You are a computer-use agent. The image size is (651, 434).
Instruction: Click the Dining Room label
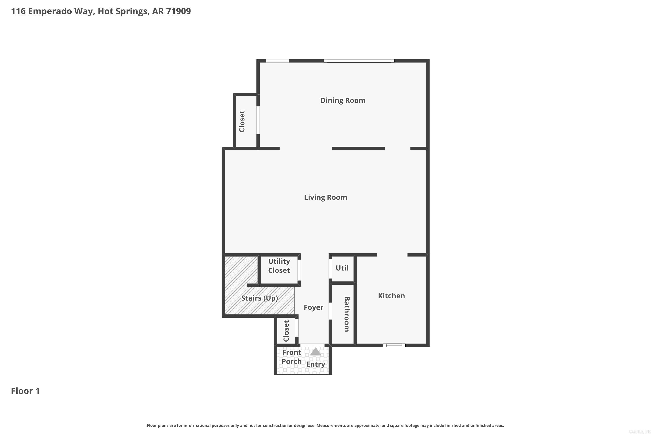(x=343, y=100)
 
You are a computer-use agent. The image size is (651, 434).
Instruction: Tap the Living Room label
(x=325, y=197)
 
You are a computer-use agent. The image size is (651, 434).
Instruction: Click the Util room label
(x=342, y=268)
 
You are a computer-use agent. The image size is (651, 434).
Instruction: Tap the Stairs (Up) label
(x=259, y=298)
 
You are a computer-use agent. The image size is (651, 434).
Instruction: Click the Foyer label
(x=313, y=307)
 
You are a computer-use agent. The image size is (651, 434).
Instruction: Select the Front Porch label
(x=291, y=357)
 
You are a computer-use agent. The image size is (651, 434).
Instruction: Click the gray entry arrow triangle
(x=316, y=352)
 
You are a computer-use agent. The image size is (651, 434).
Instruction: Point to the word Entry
(x=316, y=364)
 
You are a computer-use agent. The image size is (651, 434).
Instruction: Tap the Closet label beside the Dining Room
(x=242, y=121)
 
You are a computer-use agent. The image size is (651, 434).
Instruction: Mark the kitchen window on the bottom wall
(x=394, y=345)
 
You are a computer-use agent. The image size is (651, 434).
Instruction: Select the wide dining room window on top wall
(x=359, y=61)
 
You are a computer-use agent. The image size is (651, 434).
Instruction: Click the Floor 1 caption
(x=25, y=391)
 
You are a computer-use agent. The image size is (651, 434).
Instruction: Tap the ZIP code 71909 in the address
(x=179, y=11)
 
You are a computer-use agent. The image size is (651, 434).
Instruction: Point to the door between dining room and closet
(x=258, y=120)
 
